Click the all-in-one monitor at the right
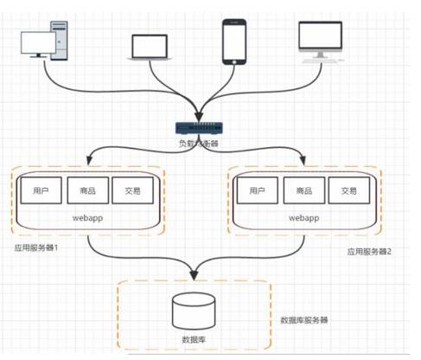tap(322, 41)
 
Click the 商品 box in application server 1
tap(86, 190)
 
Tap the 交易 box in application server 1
tap(131, 190)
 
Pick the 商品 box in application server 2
tap(303, 190)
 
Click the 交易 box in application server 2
tap(348, 190)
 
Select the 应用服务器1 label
tap(36, 246)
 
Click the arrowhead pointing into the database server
tap(194, 276)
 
